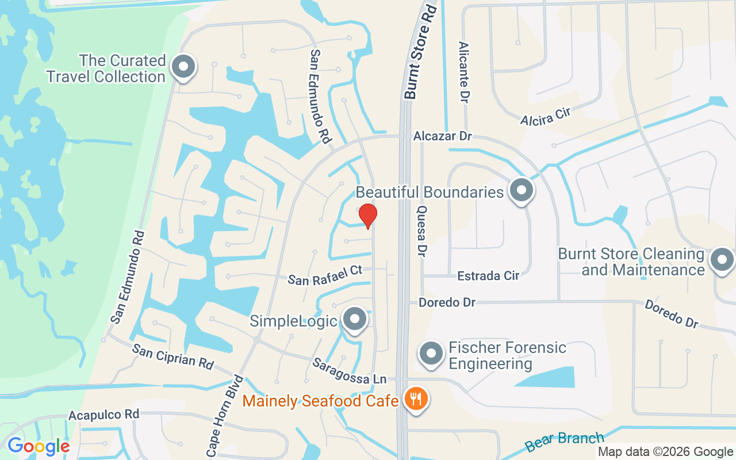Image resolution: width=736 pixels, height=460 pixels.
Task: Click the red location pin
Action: (368, 216)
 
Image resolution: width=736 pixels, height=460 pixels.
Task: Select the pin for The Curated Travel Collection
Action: (183, 67)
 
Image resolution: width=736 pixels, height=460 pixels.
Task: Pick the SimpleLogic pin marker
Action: (354, 319)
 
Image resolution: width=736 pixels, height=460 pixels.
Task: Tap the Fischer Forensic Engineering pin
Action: (431, 354)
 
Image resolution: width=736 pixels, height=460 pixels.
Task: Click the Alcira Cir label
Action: (545, 116)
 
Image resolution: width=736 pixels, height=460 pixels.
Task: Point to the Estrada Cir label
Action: (488, 276)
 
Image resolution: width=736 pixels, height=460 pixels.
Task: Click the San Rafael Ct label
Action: (325, 275)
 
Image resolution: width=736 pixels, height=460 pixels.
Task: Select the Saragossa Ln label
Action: (349, 371)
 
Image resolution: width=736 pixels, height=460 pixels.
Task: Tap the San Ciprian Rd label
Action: (172, 356)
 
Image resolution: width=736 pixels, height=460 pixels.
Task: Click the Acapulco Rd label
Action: (104, 415)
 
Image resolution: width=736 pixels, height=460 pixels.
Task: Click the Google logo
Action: (39, 446)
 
